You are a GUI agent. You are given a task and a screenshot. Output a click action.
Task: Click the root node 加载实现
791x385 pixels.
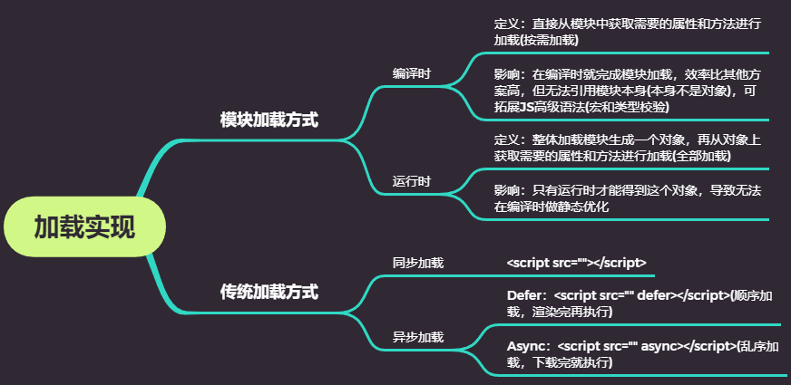coord(84,226)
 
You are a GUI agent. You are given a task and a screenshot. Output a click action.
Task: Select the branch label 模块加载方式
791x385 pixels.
coord(269,120)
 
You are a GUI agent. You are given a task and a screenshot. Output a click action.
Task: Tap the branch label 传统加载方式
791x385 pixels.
coord(269,292)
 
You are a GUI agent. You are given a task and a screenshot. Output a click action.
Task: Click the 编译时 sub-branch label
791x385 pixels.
coord(412,72)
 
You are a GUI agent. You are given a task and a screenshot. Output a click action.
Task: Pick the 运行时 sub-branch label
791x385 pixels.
coord(412,180)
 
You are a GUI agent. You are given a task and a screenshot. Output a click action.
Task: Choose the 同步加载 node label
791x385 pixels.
coord(418,263)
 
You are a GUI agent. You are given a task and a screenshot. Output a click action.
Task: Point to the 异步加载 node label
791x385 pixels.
coord(418,337)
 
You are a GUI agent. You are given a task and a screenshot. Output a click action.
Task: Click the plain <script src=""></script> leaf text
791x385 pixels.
coord(577,263)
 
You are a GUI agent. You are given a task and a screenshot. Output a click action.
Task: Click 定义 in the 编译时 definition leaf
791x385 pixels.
coord(506,24)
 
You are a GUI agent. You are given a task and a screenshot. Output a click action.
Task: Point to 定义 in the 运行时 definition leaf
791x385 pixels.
coord(506,140)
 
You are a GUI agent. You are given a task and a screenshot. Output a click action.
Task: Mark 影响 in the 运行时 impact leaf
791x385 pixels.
coord(506,190)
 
